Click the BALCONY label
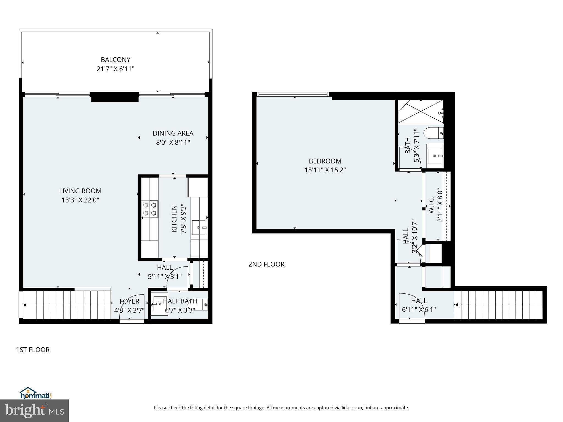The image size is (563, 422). click(115, 60)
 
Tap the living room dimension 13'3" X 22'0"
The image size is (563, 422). click(80, 200)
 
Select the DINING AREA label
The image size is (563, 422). click(173, 133)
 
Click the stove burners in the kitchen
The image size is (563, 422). click(150, 209)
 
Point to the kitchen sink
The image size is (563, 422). click(199, 227)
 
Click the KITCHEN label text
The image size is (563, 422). click(174, 219)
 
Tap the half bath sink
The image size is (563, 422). click(161, 304)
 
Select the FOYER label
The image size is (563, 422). click(129, 301)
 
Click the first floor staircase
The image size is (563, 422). click(67, 305)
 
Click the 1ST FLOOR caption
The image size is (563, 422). click(33, 350)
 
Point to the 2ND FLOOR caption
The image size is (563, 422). click(266, 264)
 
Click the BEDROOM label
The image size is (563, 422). click(325, 161)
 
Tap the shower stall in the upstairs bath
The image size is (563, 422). click(421, 112)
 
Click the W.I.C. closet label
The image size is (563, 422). click(431, 205)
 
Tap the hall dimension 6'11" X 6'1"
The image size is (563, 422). click(419, 310)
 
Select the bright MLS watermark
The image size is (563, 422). click(34, 411)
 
